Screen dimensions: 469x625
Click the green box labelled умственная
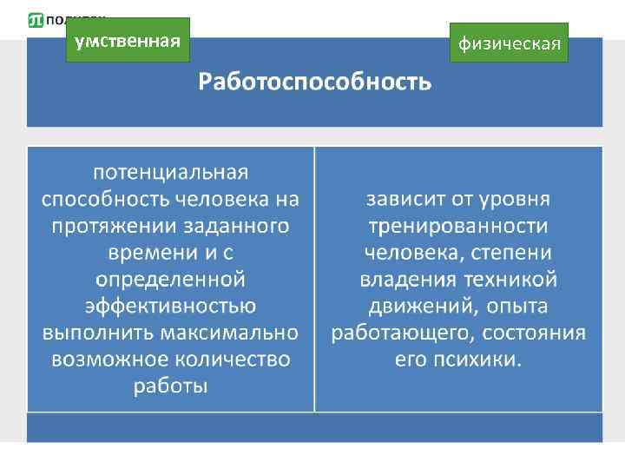pyautogui.click(x=128, y=40)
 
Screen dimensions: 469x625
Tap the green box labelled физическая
pyautogui.click(x=509, y=43)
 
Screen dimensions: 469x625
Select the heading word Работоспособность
pyautogui.click(x=314, y=83)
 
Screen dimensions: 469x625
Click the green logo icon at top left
pyautogui.click(x=36, y=19)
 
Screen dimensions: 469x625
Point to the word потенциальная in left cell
pyautogui.click(x=171, y=170)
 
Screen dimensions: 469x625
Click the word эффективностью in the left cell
pyautogui.click(x=171, y=307)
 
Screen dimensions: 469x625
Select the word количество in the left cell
pyautogui.click(x=230, y=360)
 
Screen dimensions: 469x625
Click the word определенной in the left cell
pyautogui.click(x=171, y=280)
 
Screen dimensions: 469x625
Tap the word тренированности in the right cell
pyautogui.click(x=457, y=226)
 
